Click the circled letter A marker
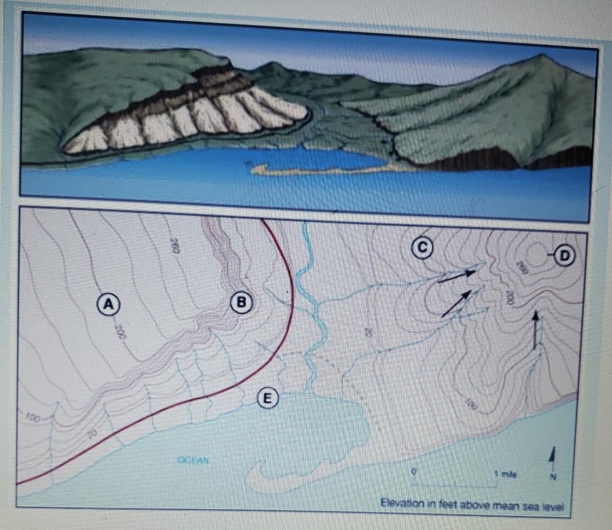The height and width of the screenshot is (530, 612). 109,303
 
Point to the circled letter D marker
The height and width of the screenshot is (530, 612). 564,255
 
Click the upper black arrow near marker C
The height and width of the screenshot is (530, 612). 457,276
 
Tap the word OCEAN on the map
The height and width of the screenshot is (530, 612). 193,460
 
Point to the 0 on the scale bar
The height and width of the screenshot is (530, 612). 414,471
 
